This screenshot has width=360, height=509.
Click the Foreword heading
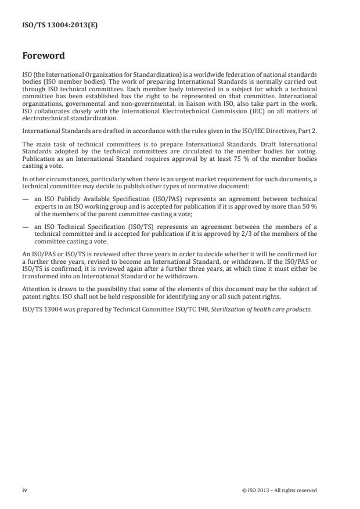coord(44,56)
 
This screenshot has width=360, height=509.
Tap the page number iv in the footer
coord(24,490)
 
